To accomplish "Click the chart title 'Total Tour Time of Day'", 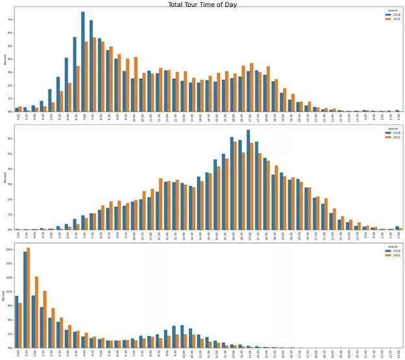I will coord(202,5).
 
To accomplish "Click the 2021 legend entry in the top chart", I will coord(391,19).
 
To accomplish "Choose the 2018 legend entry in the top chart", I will coord(391,15).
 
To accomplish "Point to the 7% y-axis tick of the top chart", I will coord(10,19).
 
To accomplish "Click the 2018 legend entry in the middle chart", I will coord(391,132).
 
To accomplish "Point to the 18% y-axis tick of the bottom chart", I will coord(10,249).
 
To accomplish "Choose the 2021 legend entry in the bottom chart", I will coord(391,256).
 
